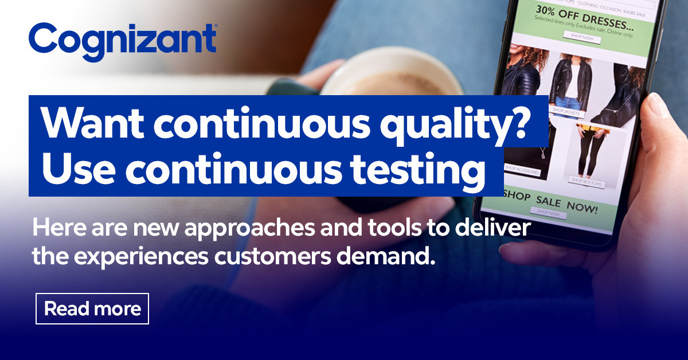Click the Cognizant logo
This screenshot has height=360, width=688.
[122, 41]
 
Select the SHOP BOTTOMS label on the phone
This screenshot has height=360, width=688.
[585, 181]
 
